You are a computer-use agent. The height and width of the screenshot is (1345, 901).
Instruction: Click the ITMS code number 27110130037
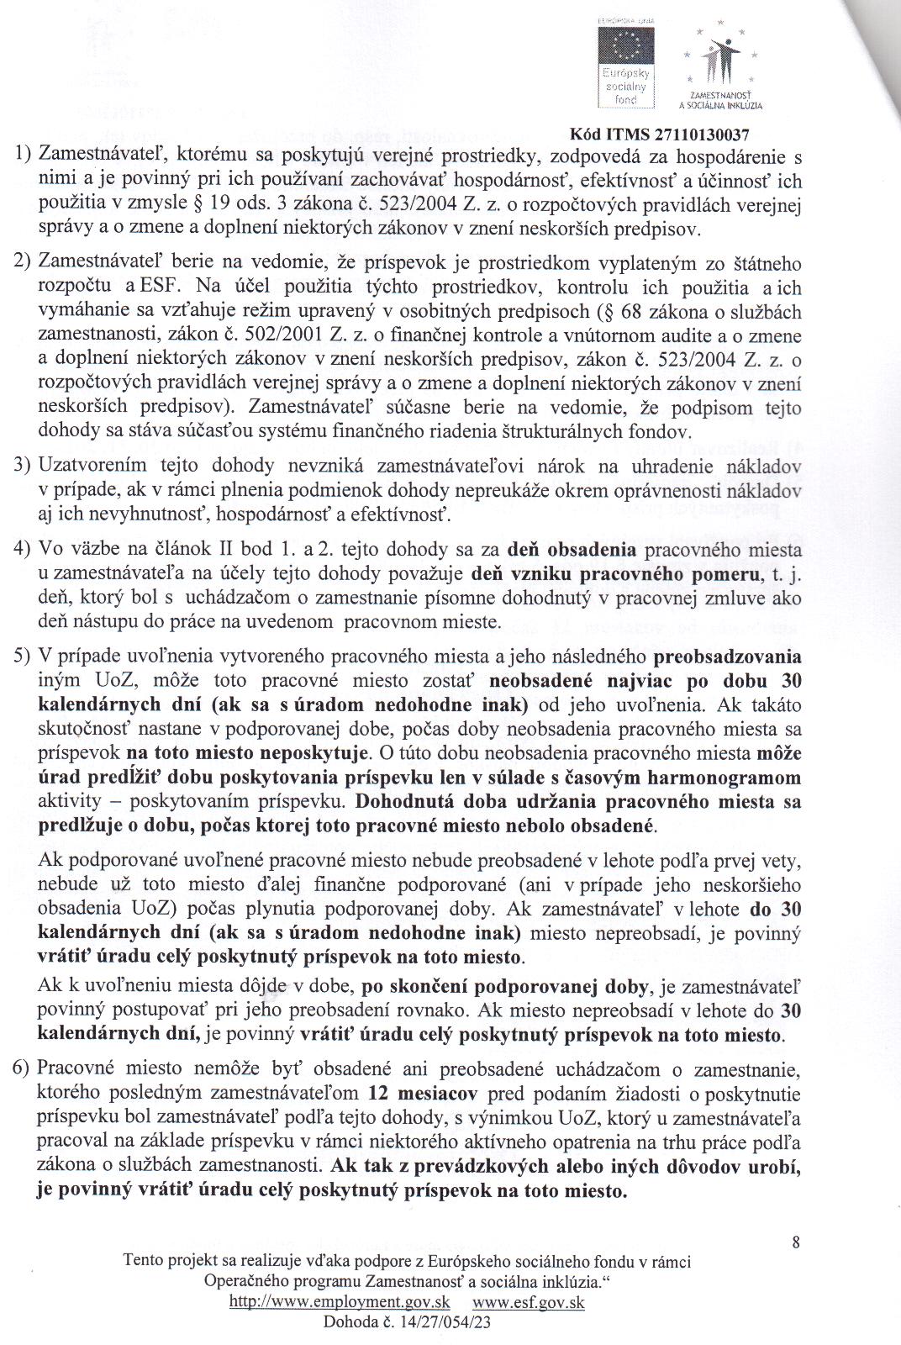tap(695, 134)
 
